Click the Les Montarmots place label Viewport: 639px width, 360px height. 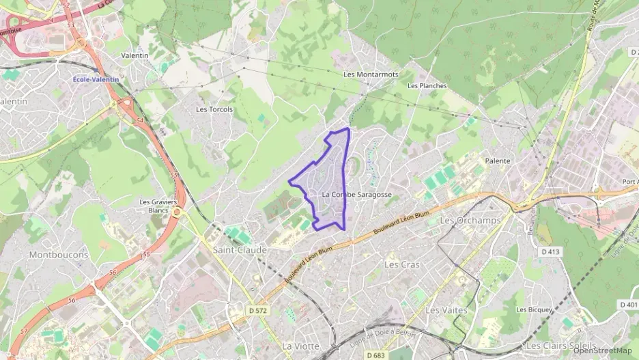(x=371, y=74)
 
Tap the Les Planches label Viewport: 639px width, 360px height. (x=427, y=85)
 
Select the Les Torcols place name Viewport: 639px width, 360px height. (x=214, y=109)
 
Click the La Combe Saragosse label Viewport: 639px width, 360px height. (x=356, y=194)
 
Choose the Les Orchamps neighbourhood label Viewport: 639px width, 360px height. (x=470, y=220)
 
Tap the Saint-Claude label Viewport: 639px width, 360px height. (x=239, y=249)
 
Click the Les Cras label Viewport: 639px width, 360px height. (x=402, y=264)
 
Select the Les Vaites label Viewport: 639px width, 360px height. (x=446, y=309)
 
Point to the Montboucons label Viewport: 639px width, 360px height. (x=59, y=254)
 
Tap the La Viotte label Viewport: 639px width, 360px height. (x=301, y=346)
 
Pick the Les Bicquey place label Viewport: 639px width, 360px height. (x=534, y=309)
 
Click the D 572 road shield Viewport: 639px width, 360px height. (x=257, y=310)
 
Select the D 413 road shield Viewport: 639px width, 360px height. (x=551, y=251)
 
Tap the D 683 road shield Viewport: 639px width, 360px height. (x=376, y=355)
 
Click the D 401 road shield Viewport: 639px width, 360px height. (x=629, y=305)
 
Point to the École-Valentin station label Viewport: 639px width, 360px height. (x=96, y=79)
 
